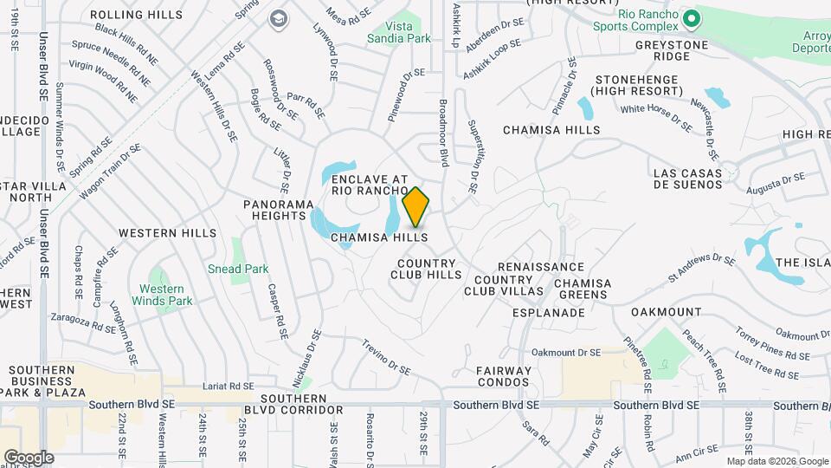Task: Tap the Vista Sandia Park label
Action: coord(398,33)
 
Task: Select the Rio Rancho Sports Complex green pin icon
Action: coord(691,18)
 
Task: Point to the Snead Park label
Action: coord(238,269)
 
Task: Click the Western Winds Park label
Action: coord(162,295)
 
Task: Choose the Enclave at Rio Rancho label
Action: coord(370,185)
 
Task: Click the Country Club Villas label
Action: coord(503,286)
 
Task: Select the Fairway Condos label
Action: coord(503,376)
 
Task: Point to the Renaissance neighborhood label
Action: coord(541,267)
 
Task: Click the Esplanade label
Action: coord(549,312)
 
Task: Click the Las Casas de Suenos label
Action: coord(687,179)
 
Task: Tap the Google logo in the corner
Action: coord(29,457)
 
